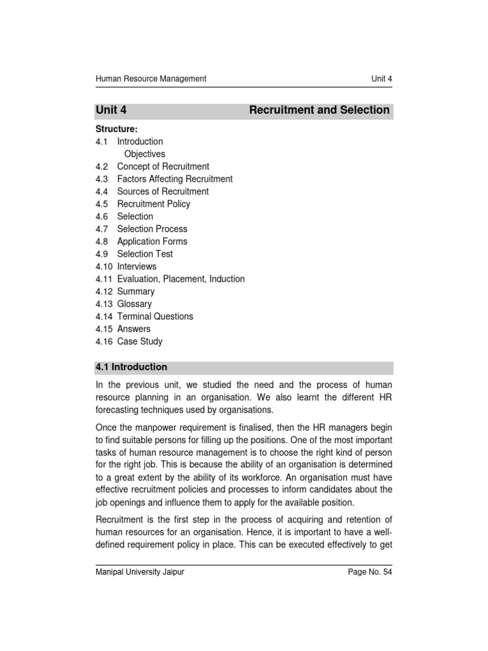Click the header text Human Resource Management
click(x=151, y=79)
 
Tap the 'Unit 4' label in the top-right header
click(x=381, y=79)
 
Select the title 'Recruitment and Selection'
click(x=319, y=110)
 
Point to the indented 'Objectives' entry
click(x=144, y=154)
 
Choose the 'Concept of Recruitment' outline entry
click(x=163, y=167)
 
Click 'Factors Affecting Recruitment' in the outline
click(x=175, y=179)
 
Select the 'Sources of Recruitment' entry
click(x=163, y=191)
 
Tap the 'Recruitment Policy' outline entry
click(x=154, y=204)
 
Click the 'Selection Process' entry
click(x=152, y=229)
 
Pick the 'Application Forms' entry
click(x=152, y=242)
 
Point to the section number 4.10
click(x=104, y=266)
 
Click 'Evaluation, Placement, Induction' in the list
click(x=181, y=279)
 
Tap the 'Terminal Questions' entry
click(x=155, y=317)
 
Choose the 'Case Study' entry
click(x=140, y=341)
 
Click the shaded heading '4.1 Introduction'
click(x=132, y=367)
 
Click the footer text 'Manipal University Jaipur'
click(x=140, y=572)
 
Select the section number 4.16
click(x=104, y=341)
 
